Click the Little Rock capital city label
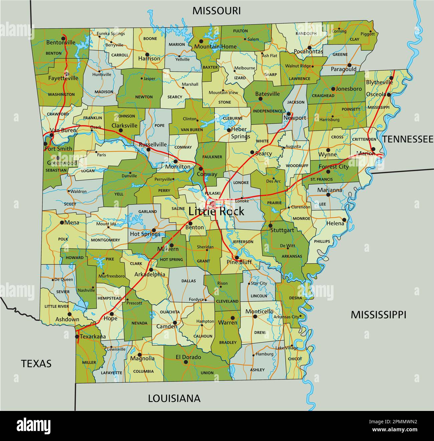(x=216, y=211)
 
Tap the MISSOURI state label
(x=216, y=11)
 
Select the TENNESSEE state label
(x=408, y=139)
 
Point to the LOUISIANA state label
(x=174, y=398)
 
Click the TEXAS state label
(x=36, y=363)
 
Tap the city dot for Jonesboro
(x=333, y=89)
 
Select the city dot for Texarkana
(x=77, y=337)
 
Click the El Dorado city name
(x=188, y=357)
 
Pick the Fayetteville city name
(x=63, y=78)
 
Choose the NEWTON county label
(x=144, y=97)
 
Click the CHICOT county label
(x=295, y=359)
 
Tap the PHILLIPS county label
(x=322, y=241)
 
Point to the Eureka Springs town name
(x=111, y=33)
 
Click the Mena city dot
(x=62, y=222)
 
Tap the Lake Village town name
(x=287, y=348)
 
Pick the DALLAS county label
(x=189, y=281)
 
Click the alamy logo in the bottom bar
(x=33, y=426)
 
